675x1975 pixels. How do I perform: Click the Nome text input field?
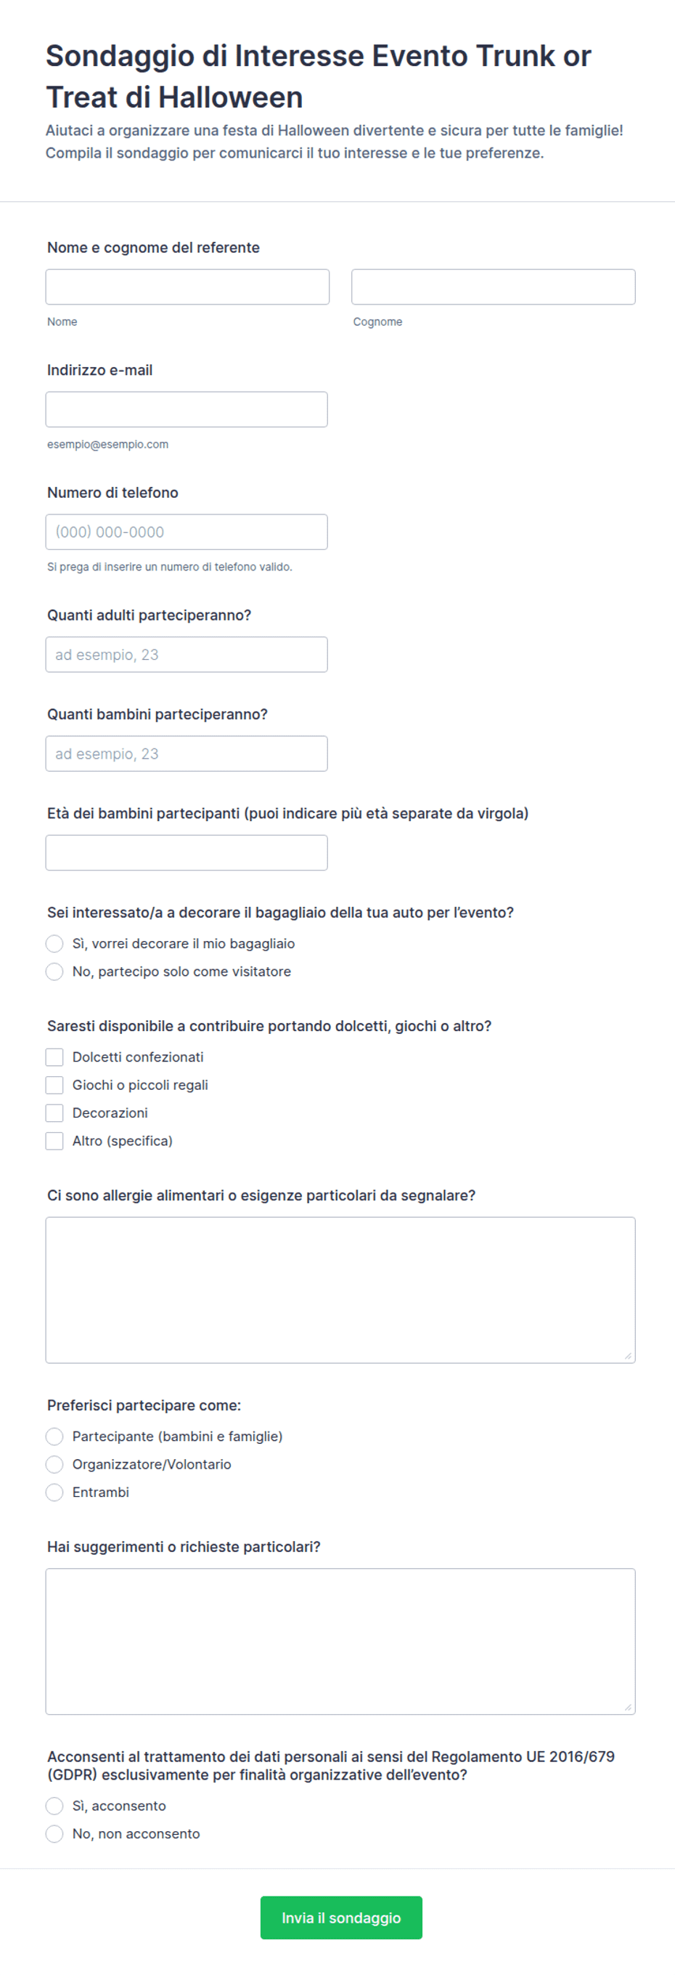tap(187, 287)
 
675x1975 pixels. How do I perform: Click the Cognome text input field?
tap(493, 287)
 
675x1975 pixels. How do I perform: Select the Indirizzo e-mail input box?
tap(187, 409)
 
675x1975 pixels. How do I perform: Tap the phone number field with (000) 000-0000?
tap(187, 532)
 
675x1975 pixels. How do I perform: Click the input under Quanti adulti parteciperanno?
tap(187, 655)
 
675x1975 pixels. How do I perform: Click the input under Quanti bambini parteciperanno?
tap(187, 754)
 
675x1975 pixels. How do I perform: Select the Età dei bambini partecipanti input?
tap(187, 852)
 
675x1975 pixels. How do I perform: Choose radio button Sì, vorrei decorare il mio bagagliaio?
tap(54, 944)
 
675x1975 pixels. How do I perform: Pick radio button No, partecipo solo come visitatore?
tap(54, 972)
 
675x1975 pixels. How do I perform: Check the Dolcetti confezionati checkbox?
tap(54, 1057)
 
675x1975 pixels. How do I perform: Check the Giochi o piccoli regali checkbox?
tap(54, 1085)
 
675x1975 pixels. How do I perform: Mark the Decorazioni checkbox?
tap(54, 1113)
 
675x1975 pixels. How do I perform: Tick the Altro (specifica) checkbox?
tap(54, 1141)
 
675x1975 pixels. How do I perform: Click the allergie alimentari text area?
tap(340, 1290)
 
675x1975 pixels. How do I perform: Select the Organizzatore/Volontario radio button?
tap(54, 1464)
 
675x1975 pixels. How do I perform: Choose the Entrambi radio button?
tap(54, 1492)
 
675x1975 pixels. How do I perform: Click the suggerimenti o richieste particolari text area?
tap(340, 1641)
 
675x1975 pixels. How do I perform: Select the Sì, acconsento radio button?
tap(54, 1806)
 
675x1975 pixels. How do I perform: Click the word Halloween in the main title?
tap(230, 98)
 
